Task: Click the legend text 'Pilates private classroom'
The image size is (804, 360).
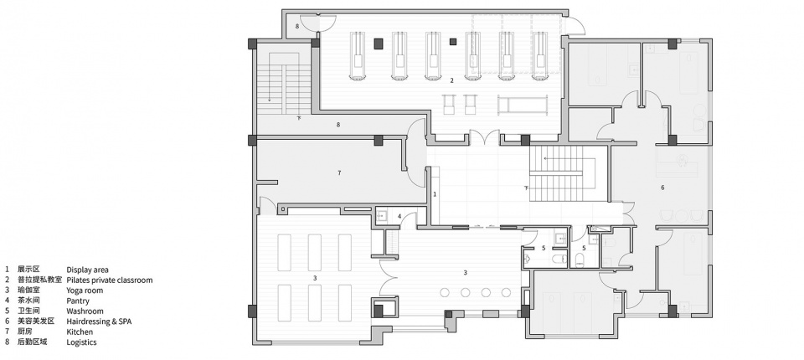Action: coord(109,280)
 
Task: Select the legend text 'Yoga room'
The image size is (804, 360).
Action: coord(85,291)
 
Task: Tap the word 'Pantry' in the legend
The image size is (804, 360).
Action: coord(77,301)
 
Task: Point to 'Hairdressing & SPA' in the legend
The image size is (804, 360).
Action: coord(99,321)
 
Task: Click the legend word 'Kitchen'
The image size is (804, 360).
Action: coord(80,332)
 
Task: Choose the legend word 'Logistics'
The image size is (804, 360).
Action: coord(81,342)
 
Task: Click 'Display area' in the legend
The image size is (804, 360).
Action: coord(87,270)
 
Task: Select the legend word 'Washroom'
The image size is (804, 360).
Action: coord(85,311)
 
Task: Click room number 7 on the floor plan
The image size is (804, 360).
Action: coord(339,172)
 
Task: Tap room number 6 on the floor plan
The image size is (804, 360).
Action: coord(662,188)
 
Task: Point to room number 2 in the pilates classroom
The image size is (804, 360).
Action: coord(451,80)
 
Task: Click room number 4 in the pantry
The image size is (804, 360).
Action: coord(399,216)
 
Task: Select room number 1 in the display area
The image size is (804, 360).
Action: coord(435,194)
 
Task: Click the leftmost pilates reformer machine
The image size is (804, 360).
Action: coord(358,56)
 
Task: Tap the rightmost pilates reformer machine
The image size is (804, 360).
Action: coord(540,56)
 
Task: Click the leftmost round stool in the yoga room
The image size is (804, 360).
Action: coord(445,292)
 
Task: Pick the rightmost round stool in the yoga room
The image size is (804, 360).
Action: coord(506,292)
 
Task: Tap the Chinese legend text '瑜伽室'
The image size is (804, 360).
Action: coord(28,291)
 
